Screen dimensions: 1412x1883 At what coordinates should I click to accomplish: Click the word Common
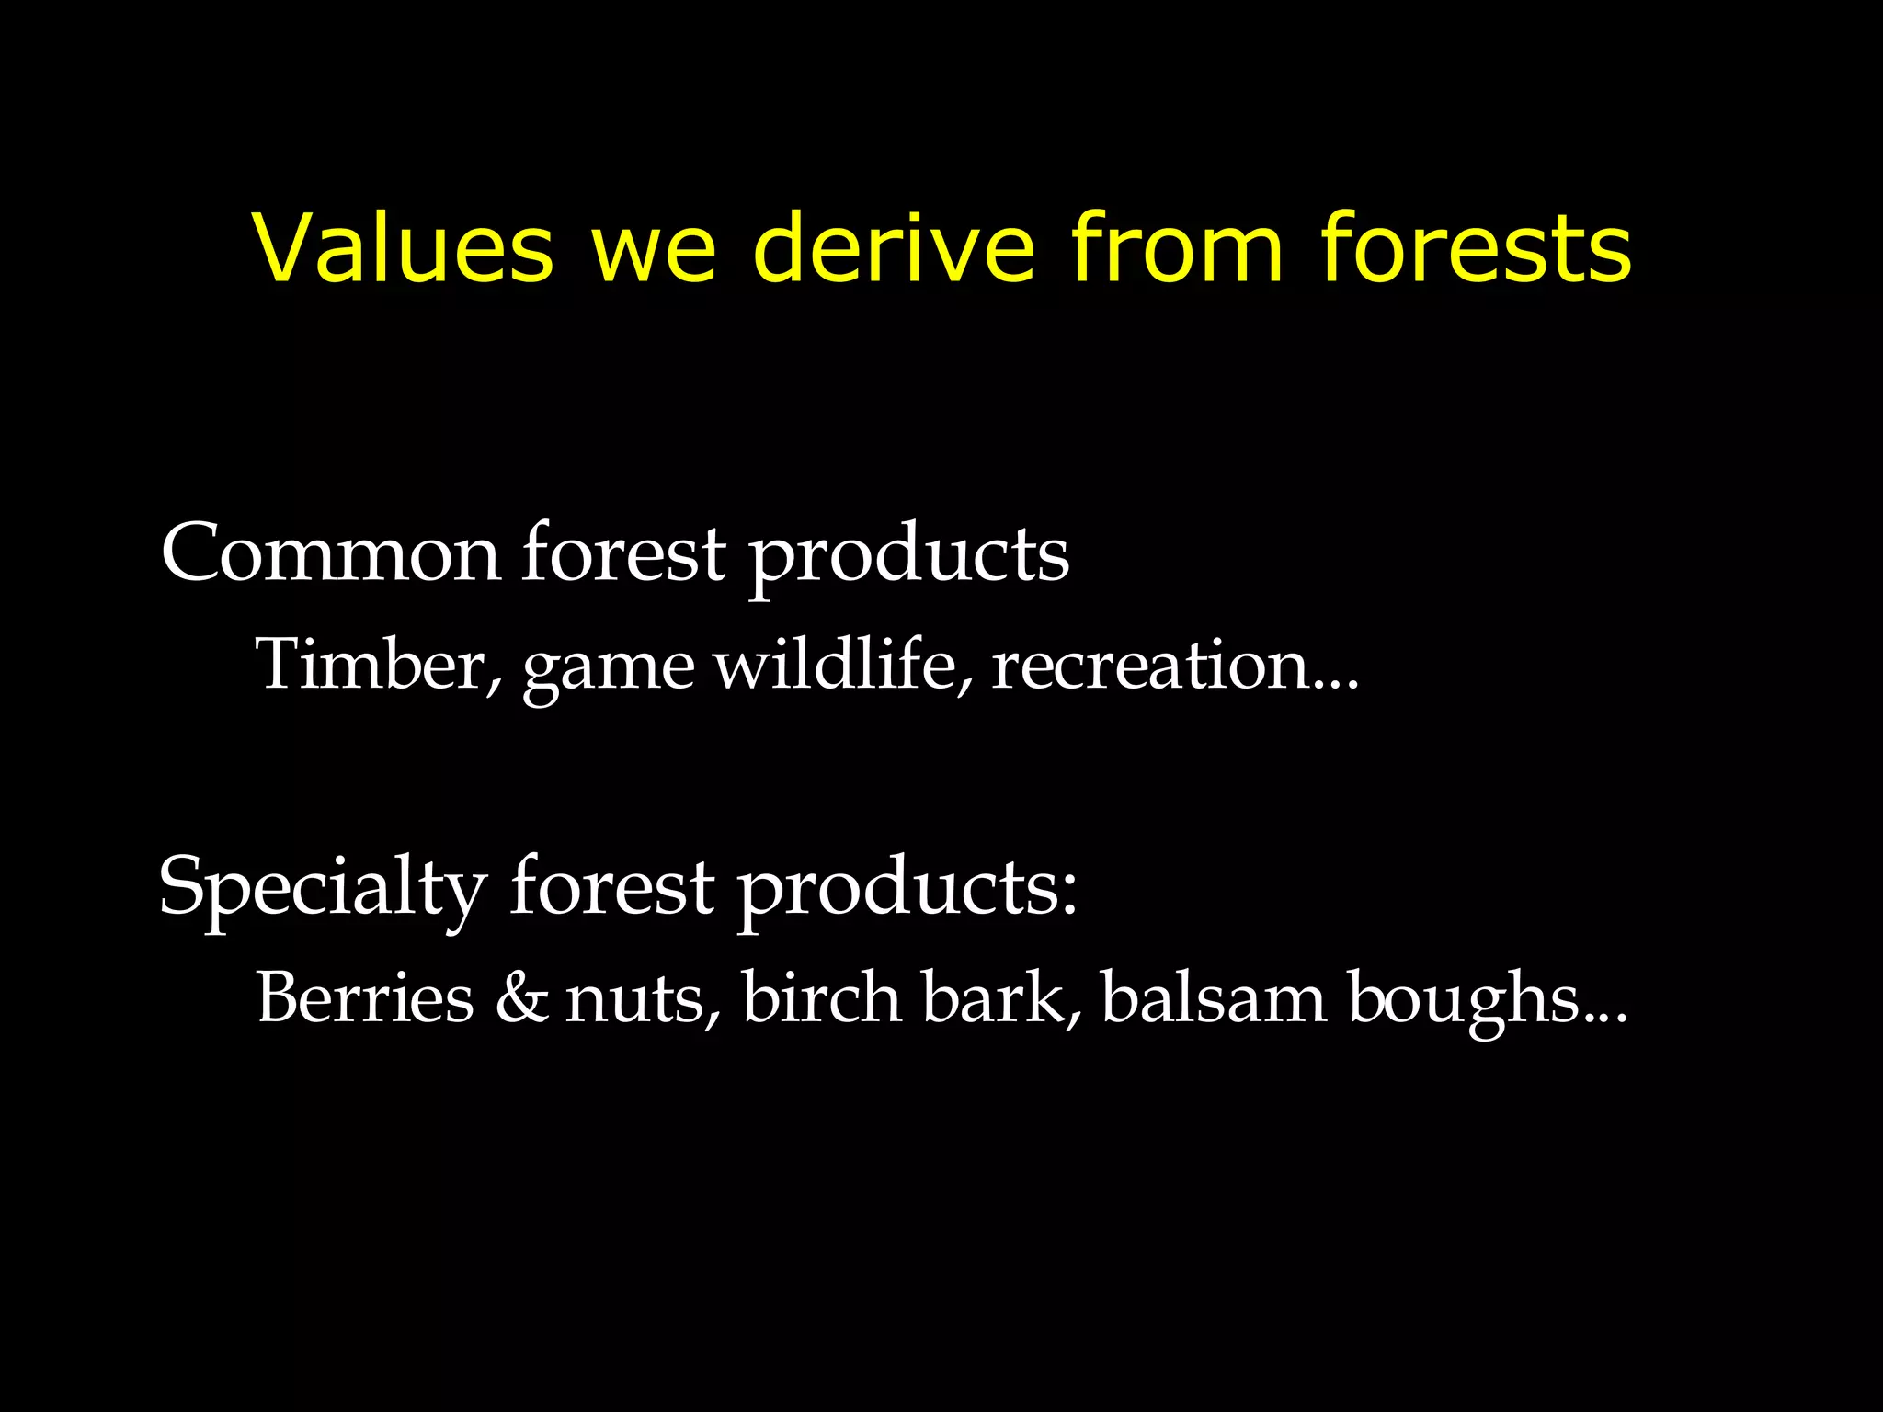tap(331, 553)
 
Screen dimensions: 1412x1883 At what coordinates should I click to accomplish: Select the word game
tap(609, 669)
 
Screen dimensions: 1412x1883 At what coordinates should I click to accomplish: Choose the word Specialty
tap(322, 888)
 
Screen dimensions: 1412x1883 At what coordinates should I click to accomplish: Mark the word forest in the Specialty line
tap(612, 886)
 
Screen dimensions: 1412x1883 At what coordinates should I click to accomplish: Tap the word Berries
tap(365, 997)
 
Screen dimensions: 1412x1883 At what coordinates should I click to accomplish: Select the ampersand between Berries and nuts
tap(521, 998)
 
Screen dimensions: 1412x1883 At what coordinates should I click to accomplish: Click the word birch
tap(821, 997)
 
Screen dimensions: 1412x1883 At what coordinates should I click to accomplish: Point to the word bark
tap(1000, 997)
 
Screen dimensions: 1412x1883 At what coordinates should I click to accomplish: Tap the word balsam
tap(1214, 997)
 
